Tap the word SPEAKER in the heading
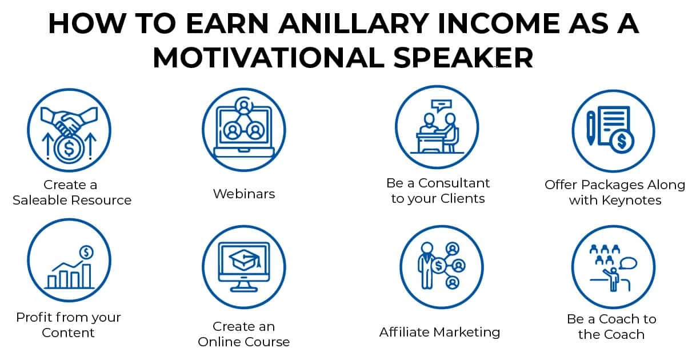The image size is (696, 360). tap(463, 58)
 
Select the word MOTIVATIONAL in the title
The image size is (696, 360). tap(269, 58)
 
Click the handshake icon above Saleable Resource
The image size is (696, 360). tap(69, 121)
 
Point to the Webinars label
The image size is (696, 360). tap(244, 194)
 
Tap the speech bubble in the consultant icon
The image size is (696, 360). tap(441, 105)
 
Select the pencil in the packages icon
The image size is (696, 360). tap(591, 128)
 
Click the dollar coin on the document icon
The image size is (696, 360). tap(622, 142)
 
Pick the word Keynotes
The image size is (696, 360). tap(631, 201)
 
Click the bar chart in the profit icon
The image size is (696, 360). tap(69, 275)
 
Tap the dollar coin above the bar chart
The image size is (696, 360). tap(86, 252)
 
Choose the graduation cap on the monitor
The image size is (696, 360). tap(244, 261)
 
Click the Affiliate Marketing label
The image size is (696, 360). tap(439, 333)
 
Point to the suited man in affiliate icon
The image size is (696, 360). tap(426, 266)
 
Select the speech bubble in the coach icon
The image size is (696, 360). tap(628, 263)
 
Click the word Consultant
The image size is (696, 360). tap(454, 183)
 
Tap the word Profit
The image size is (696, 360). tap(33, 318)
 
